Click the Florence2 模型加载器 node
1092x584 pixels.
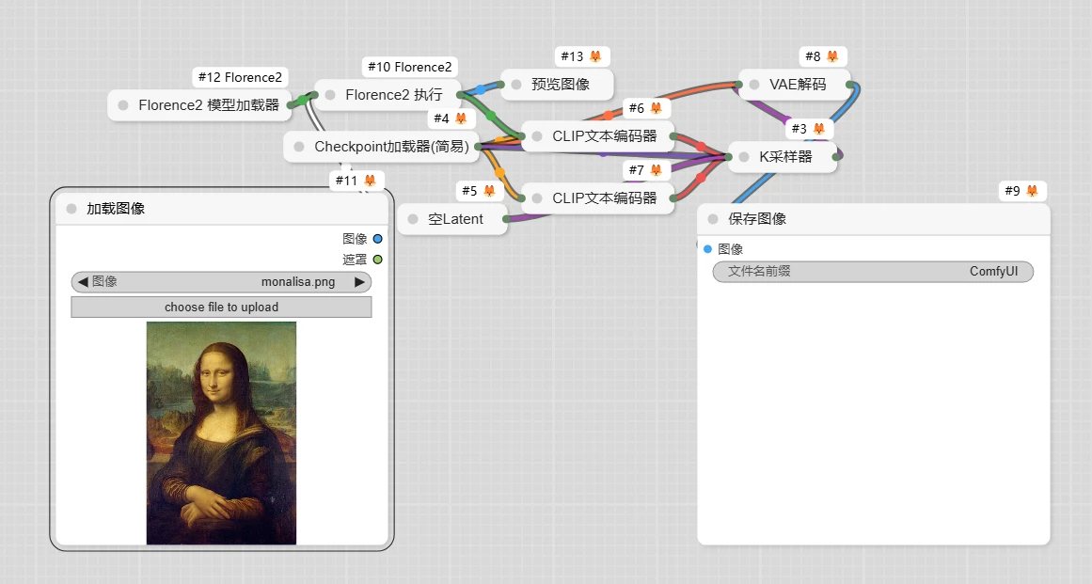[x=200, y=105]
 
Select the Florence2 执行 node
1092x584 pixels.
[x=388, y=95]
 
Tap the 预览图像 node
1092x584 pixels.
[x=557, y=85]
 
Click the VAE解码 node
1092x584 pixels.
[x=795, y=85]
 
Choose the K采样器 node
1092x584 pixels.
[x=783, y=157]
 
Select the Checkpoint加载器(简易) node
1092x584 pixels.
[x=382, y=146]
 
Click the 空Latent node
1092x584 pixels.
[x=452, y=218]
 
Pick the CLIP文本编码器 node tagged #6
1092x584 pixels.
[x=598, y=135]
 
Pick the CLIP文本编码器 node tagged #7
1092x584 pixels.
[x=598, y=197]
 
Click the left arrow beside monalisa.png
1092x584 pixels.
[x=83, y=282]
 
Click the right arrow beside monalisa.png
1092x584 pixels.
[x=359, y=282]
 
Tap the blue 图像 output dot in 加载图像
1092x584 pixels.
[x=377, y=239]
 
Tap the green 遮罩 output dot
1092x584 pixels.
[x=377, y=260]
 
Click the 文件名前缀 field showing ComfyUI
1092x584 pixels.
[x=874, y=272]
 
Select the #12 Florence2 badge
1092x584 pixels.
[x=240, y=77]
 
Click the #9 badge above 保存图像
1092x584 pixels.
[x=1021, y=191]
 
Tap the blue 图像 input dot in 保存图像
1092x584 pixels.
[x=707, y=249]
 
